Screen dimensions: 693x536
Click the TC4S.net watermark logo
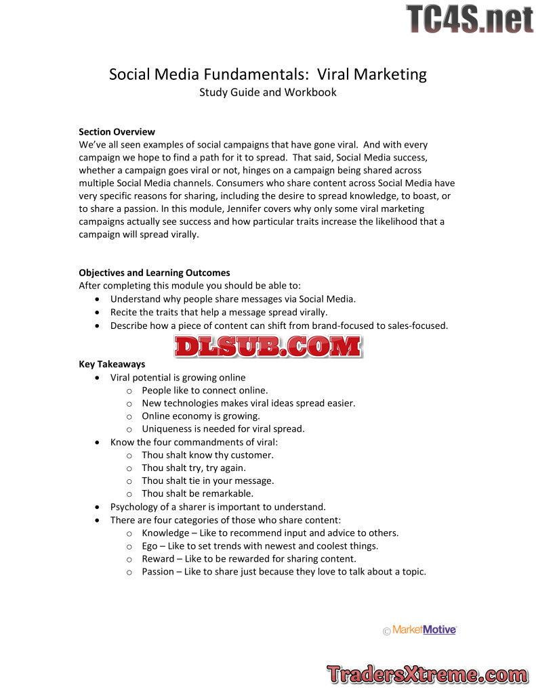point(470,19)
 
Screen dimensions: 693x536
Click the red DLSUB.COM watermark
point(268,347)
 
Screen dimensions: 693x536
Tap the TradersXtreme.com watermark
point(427,674)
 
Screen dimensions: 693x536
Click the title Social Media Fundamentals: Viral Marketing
point(268,74)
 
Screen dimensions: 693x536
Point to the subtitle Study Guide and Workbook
point(268,92)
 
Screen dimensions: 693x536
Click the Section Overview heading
point(117,132)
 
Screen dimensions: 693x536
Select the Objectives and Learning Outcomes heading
point(154,273)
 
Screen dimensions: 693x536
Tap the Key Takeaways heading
point(112,364)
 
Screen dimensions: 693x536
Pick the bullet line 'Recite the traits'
point(219,312)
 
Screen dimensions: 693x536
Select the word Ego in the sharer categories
point(150,545)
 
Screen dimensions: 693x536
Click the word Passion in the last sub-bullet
point(158,571)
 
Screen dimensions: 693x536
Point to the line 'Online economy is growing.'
point(201,416)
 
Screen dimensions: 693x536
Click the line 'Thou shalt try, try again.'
point(194,468)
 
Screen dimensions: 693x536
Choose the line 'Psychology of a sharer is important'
point(218,506)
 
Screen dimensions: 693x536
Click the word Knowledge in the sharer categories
point(165,533)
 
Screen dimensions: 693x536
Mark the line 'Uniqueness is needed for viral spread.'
point(223,428)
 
